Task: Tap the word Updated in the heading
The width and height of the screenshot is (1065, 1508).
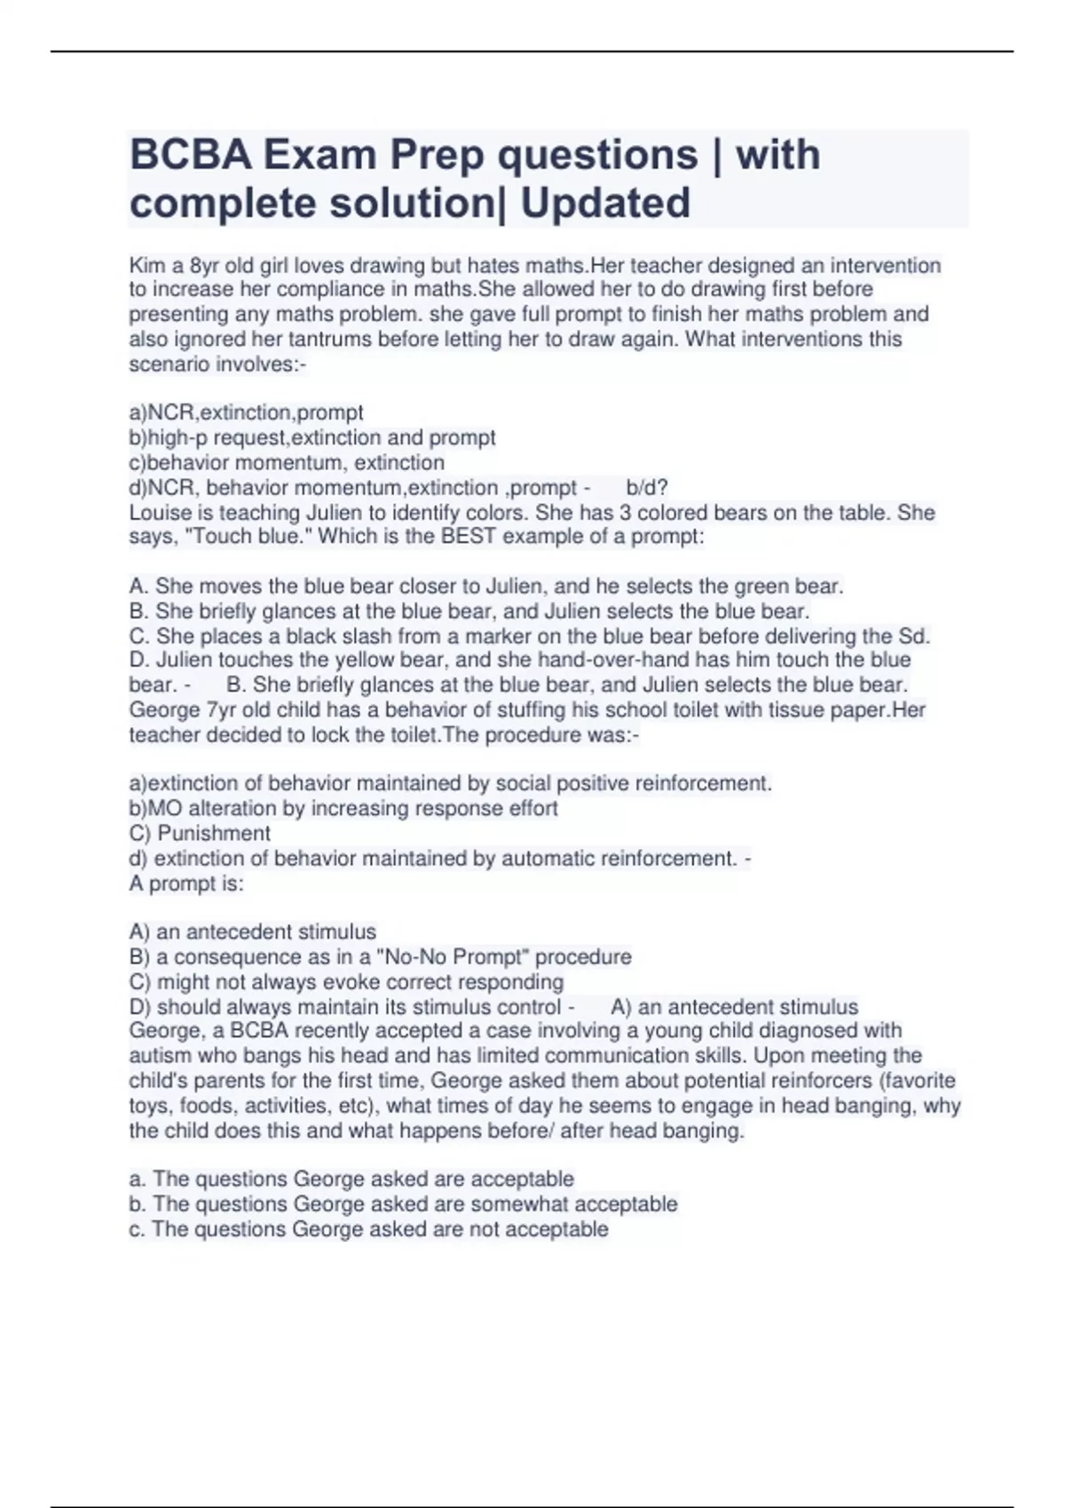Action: [605, 203]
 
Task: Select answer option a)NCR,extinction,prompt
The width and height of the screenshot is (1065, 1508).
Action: [246, 412]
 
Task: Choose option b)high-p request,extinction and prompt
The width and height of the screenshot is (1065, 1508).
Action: [312, 437]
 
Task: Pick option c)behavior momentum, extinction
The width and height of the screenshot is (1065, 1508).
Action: [287, 462]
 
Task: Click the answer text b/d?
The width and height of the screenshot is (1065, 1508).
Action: [646, 488]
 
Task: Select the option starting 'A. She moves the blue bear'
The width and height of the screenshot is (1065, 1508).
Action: [486, 586]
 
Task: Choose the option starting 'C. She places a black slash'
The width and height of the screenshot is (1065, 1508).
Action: [530, 636]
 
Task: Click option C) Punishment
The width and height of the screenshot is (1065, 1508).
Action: [200, 833]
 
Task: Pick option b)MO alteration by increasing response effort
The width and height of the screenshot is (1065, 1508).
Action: [343, 808]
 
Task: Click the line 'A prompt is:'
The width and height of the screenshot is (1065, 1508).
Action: [186, 884]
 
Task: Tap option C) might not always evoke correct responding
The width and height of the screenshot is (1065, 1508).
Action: [346, 982]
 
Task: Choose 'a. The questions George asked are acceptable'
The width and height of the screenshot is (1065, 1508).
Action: [351, 1179]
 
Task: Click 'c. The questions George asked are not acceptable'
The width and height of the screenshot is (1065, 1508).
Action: [368, 1229]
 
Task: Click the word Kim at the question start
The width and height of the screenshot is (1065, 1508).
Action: [147, 265]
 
